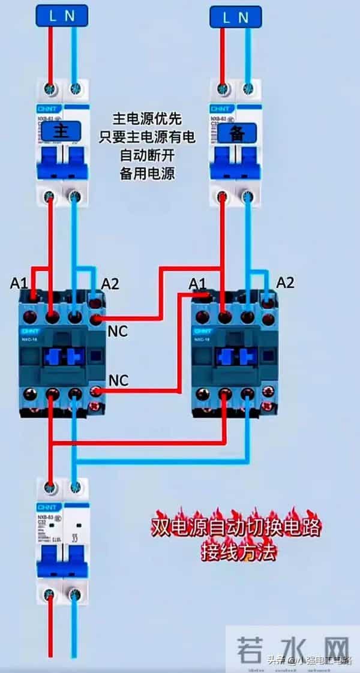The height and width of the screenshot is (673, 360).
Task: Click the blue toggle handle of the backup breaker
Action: (x=236, y=163)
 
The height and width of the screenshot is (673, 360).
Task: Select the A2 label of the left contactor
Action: (x=110, y=284)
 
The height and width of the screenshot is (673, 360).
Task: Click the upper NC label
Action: (x=118, y=331)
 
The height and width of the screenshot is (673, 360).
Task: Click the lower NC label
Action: (x=118, y=380)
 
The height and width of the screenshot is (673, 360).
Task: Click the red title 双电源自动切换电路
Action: (x=235, y=528)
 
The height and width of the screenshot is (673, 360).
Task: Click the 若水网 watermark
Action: (x=293, y=648)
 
